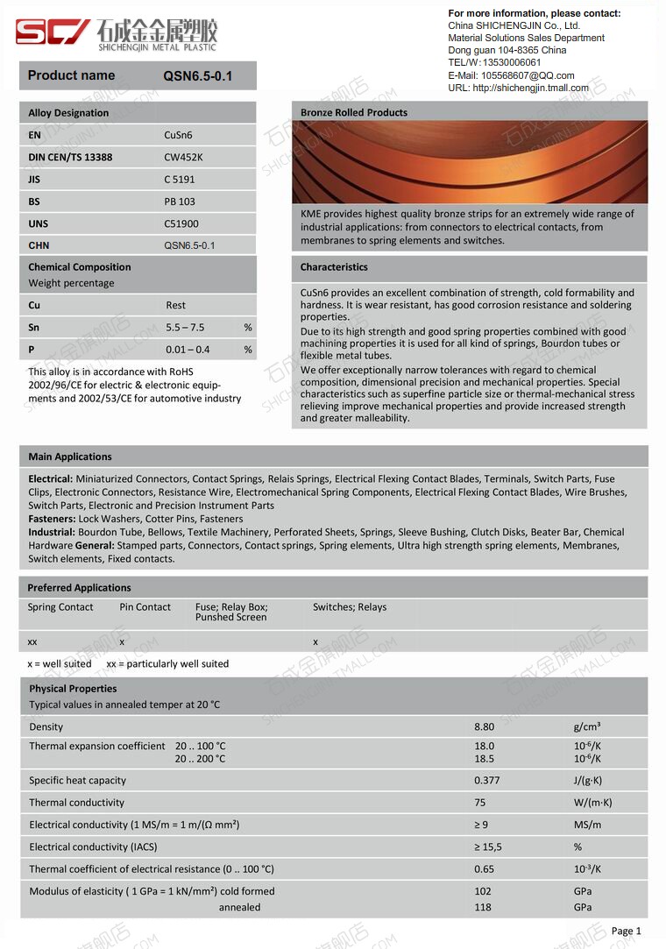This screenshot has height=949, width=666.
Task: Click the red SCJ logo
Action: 53,32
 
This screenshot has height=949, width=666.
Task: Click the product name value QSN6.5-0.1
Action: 198,76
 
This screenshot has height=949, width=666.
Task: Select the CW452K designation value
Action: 183,158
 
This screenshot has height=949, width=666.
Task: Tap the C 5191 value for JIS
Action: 180,180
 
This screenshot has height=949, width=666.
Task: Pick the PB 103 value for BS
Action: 180,202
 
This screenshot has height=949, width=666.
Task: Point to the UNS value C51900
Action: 181,224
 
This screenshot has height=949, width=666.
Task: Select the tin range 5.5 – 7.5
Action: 185,328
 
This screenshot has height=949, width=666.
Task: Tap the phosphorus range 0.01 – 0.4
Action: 188,350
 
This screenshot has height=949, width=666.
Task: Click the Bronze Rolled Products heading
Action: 354,112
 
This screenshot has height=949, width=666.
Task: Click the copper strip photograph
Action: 469,162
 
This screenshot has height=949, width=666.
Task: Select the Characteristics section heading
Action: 334,267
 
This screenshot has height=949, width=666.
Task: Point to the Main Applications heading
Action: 70,457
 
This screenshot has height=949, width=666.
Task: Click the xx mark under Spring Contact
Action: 32,642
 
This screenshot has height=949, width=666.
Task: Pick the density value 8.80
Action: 484,727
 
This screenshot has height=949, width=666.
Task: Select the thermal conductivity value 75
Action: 480,803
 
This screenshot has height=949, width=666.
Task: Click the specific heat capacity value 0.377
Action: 487,781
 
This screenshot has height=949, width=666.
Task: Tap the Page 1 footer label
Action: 627,931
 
